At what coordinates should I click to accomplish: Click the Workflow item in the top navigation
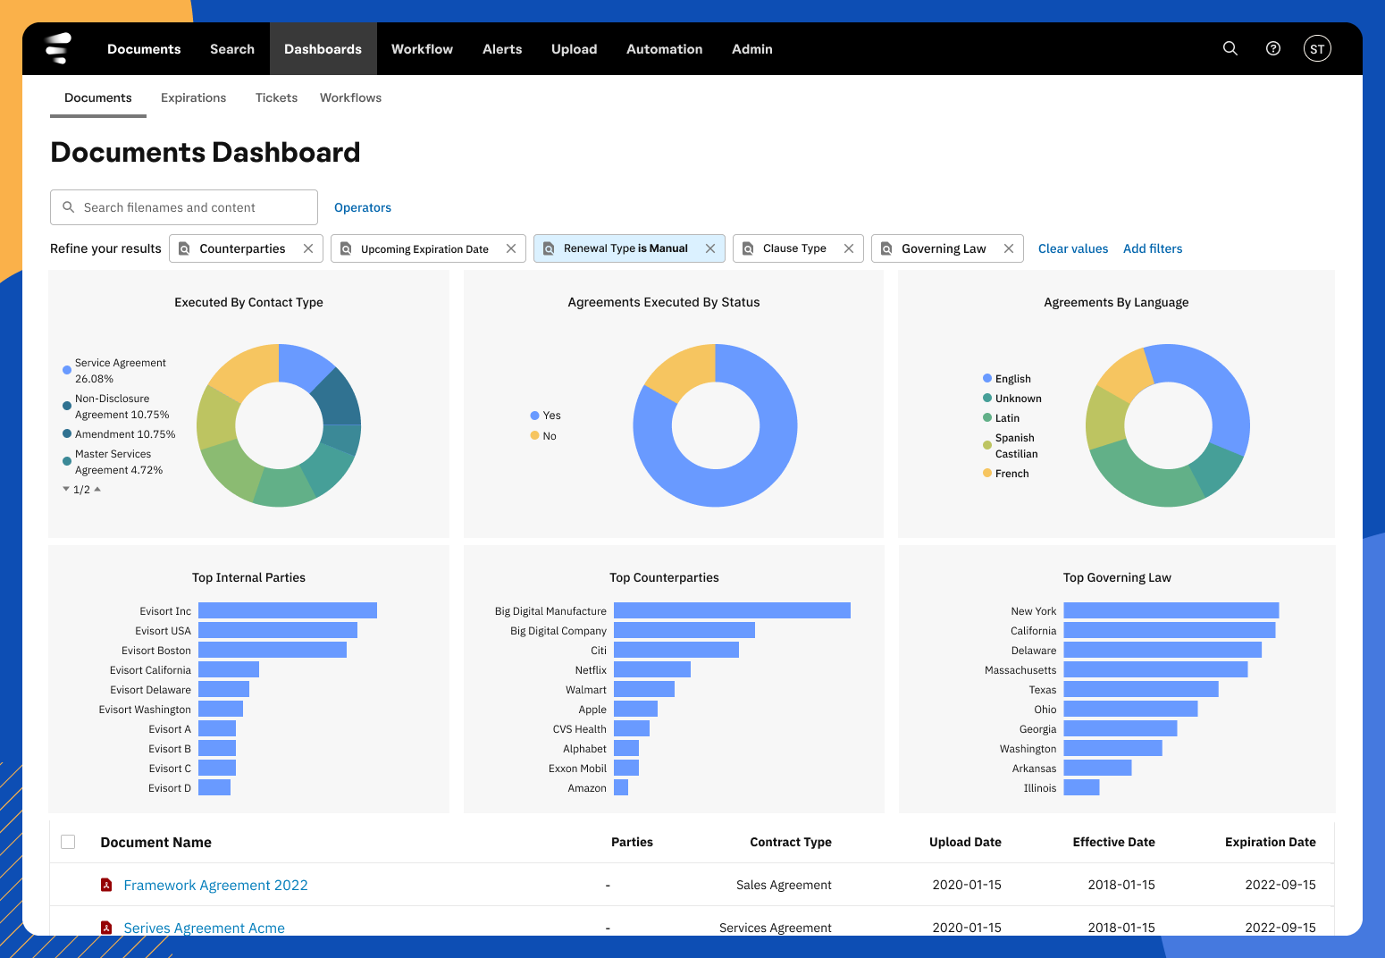click(x=422, y=49)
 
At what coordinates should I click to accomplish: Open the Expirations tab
click(x=193, y=97)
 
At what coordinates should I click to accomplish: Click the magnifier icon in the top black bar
click(x=1230, y=48)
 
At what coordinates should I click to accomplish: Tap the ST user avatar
click(x=1317, y=49)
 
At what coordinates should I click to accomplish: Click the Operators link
click(x=362, y=207)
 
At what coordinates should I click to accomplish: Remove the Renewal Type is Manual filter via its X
click(x=710, y=248)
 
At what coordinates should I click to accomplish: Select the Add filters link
click(x=1152, y=248)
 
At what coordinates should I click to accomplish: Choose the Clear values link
click(x=1072, y=248)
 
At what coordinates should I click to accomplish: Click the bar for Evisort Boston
click(x=273, y=650)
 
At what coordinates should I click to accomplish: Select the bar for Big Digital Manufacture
click(x=732, y=610)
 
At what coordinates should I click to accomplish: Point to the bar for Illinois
click(x=1081, y=787)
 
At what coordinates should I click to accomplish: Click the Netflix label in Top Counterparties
click(x=591, y=670)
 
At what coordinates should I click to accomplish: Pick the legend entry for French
click(x=1011, y=474)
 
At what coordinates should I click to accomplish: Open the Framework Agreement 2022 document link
click(x=215, y=885)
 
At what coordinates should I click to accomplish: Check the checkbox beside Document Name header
click(x=68, y=842)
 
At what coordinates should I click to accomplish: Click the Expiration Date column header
click(x=1270, y=842)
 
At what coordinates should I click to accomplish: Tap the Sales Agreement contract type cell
click(x=784, y=885)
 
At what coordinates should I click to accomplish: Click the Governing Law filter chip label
click(x=943, y=248)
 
